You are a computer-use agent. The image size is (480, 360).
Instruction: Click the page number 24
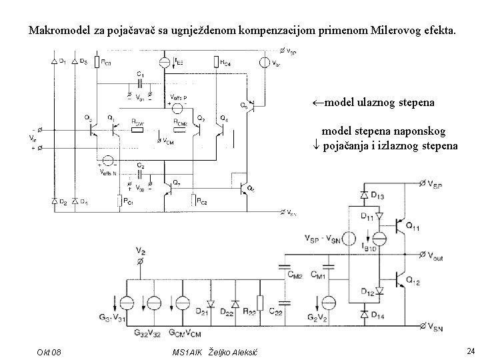click(471, 351)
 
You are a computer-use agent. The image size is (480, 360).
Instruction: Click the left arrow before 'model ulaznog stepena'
click(318, 103)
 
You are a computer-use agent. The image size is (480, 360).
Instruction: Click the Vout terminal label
click(441, 255)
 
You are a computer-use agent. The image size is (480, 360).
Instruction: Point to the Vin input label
click(33, 138)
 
